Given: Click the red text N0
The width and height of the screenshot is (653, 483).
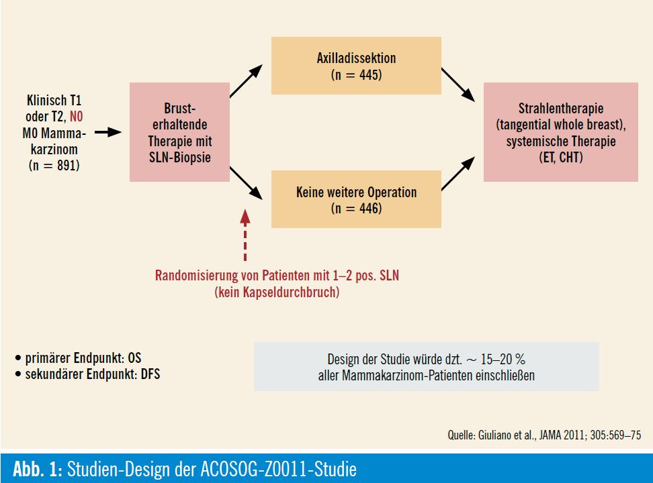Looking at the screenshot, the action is (x=76, y=117).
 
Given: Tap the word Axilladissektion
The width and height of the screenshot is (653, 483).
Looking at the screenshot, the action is (x=356, y=58).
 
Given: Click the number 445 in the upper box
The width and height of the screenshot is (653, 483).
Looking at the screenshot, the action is (x=369, y=75).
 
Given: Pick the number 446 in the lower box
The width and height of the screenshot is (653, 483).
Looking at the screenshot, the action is (x=369, y=209).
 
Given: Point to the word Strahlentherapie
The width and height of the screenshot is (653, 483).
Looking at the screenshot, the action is (x=560, y=109).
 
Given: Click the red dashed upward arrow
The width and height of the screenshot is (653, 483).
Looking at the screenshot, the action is (x=245, y=235).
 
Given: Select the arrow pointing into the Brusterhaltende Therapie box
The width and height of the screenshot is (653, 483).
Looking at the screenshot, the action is (x=108, y=132).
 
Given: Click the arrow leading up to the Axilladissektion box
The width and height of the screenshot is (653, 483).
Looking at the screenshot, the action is (x=246, y=80).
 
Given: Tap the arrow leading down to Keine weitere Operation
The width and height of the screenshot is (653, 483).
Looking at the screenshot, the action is (x=246, y=183).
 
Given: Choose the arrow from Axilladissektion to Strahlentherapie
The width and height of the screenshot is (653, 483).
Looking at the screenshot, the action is (x=458, y=85).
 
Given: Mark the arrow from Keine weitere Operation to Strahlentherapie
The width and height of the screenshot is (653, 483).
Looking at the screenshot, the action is (x=458, y=174).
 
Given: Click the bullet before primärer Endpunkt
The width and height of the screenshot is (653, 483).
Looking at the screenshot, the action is (x=18, y=358).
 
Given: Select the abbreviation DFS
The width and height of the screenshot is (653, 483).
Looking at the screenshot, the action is (x=150, y=374).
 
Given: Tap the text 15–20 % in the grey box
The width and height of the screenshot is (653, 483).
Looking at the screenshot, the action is (x=503, y=359).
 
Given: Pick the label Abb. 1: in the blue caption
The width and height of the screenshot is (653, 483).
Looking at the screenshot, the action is (x=38, y=470).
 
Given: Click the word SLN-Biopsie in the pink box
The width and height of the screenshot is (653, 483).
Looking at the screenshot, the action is (x=180, y=157).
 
